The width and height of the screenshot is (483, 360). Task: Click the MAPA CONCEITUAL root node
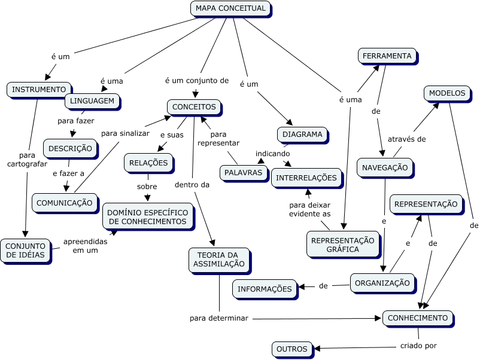point(230,8)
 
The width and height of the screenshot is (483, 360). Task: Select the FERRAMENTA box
point(387,56)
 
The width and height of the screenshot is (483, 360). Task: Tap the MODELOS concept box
point(447,93)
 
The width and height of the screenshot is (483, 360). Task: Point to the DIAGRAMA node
point(302,135)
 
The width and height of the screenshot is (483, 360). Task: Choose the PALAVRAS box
point(244,173)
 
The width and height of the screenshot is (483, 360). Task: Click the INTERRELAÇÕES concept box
point(306,178)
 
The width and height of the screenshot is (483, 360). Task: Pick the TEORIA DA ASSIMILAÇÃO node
point(219,260)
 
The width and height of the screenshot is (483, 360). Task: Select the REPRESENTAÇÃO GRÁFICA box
point(343,245)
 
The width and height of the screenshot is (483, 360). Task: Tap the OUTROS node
point(292,349)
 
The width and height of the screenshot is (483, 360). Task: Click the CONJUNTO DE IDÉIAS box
point(26,251)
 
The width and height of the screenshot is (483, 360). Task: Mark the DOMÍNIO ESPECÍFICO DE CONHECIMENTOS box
point(148,217)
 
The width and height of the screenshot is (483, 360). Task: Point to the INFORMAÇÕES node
point(265,289)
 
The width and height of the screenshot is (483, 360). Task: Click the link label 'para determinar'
point(219,318)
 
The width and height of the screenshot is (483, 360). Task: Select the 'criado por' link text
point(418,346)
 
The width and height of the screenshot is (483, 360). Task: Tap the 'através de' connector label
point(406,139)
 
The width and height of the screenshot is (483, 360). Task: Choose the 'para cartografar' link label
point(27,160)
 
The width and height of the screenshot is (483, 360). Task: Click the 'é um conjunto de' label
point(197,81)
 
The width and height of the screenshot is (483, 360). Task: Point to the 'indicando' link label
point(272,154)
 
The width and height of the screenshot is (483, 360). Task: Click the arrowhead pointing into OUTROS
point(317,349)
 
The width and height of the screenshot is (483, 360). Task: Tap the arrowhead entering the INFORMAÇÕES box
point(302,287)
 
